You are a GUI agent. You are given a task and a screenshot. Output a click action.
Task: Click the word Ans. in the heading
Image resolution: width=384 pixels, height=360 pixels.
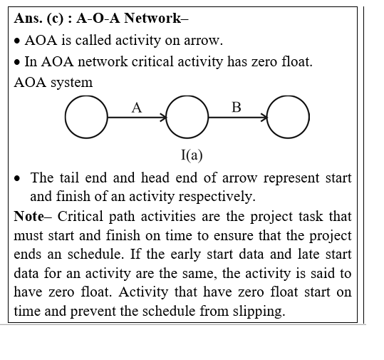(28, 18)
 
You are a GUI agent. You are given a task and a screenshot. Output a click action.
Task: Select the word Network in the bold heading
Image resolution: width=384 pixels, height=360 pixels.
(152, 18)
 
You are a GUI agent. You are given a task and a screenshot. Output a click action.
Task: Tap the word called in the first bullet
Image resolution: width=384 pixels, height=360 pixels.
(93, 40)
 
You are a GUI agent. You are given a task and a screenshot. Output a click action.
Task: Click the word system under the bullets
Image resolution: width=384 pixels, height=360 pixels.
(71, 83)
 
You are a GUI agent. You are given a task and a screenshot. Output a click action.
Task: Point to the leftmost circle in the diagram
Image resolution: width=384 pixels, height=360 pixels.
(65, 117)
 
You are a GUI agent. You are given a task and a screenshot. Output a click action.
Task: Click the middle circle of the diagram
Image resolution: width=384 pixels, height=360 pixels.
(166, 117)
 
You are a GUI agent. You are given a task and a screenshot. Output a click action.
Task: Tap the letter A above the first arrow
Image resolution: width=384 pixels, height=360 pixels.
(137, 108)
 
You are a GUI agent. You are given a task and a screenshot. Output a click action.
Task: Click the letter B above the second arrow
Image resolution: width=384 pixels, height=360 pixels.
(237, 108)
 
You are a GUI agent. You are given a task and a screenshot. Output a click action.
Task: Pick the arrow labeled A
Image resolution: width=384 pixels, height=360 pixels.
(137, 118)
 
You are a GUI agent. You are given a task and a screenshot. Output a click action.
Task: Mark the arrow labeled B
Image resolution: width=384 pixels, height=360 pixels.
(238, 118)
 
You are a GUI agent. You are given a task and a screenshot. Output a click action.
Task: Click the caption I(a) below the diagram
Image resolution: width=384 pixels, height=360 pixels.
(192, 155)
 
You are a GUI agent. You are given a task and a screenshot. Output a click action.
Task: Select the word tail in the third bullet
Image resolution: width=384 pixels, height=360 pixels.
(69, 178)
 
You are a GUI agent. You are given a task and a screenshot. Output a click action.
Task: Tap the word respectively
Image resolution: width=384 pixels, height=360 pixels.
(217, 197)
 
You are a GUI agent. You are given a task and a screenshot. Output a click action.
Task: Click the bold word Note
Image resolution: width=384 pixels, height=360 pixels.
(29, 216)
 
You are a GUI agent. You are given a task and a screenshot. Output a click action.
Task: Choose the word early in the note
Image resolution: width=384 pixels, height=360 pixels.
(186, 254)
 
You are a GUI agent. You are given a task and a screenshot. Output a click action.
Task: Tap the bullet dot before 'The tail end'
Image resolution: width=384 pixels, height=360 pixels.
(17, 179)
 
